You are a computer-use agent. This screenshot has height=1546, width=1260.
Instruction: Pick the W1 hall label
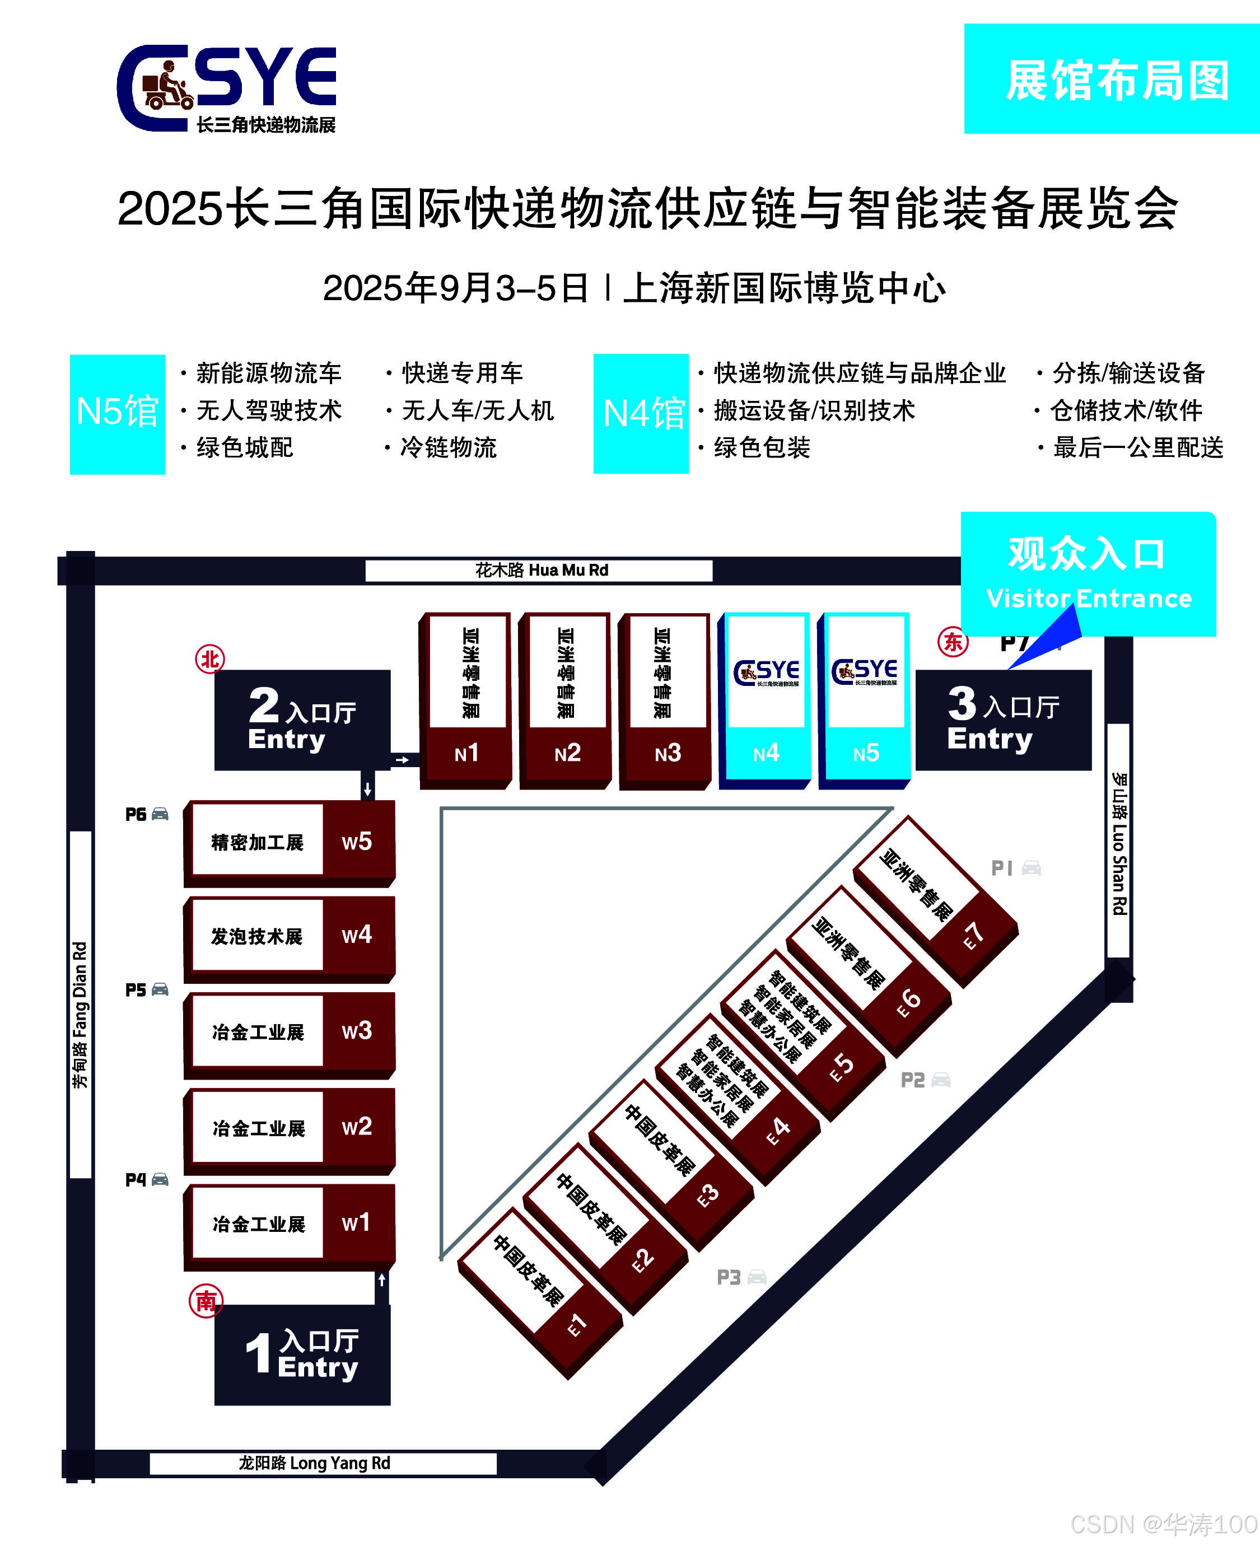[x=356, y=1222]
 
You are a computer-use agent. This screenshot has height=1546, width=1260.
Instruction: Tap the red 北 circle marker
[x=210, y=659]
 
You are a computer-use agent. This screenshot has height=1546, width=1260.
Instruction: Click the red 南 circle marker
[x=206, y=1301]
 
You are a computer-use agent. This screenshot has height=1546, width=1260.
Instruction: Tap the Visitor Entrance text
[x=1089, y=598]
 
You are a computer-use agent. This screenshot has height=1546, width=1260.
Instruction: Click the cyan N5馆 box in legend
[x=118, y=414]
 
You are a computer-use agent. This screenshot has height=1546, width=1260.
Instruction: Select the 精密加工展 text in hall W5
[x=257, y=842]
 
